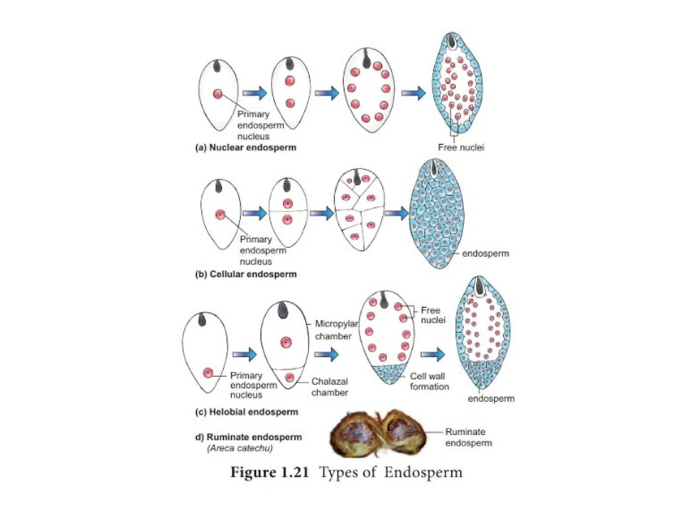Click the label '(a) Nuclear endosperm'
pyautogui.click(x=245, y=148)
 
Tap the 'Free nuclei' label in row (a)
pyautogui.click(x=461, y=147)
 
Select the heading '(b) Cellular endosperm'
pyautogui.click(x=246, y=274)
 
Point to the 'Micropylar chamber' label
pyautogui.click(x=336, y=330)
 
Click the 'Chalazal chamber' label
pyautogui.click(x=330, y=387)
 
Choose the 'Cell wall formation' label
pyautogui.click(x=429, y=381)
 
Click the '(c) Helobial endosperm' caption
pyautogui.click(x=246, y=412)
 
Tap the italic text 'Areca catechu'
pyautogui.click(x=239, y=448)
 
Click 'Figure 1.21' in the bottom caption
pyautogui.click(x=269, y=472)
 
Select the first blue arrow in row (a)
pyautogui.click(x=254, y=93)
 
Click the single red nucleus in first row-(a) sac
pyautogui.click(x=218, y=94)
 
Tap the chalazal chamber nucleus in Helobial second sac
pyautogui.click(x=290, y=378)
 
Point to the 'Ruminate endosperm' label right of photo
pyautogui.click(x=468, y=437)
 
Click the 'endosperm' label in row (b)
pyautogui.click(x=485, y=253)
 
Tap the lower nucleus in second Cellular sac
pyautogui.click(x=287, y=219)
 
